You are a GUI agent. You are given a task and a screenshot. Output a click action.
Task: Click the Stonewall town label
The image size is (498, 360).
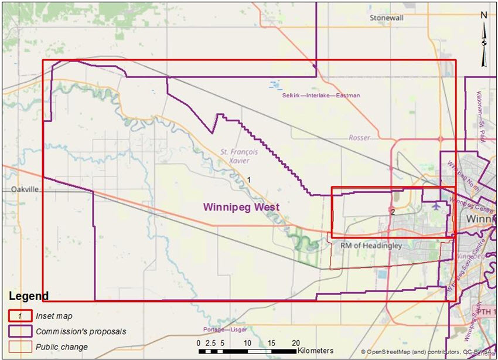point(387,18)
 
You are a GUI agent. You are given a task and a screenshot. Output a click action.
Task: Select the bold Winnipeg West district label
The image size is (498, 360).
point(241,207)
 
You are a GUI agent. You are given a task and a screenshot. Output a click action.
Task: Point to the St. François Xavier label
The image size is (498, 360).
point(231,155)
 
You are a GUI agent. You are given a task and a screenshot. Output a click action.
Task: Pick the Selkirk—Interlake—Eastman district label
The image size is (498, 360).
point(320,95)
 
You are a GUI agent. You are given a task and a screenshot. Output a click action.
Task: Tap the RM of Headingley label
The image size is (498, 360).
point(371,246)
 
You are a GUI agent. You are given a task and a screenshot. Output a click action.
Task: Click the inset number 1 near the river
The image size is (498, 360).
point(248,179)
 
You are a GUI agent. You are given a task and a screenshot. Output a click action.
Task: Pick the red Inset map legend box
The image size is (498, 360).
point(19,315)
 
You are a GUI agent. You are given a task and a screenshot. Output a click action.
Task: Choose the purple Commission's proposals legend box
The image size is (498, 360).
point(19,331)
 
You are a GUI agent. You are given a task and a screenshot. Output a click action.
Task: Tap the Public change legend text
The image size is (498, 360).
point(62,347)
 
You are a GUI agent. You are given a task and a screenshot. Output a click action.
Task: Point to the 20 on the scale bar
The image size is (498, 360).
point(296,342)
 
